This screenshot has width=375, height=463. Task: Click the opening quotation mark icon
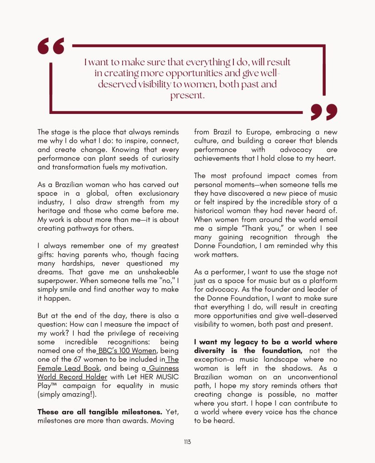coord(51,47)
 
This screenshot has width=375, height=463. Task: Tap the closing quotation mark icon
coord(324,112)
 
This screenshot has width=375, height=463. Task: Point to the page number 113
coord(187,442)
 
